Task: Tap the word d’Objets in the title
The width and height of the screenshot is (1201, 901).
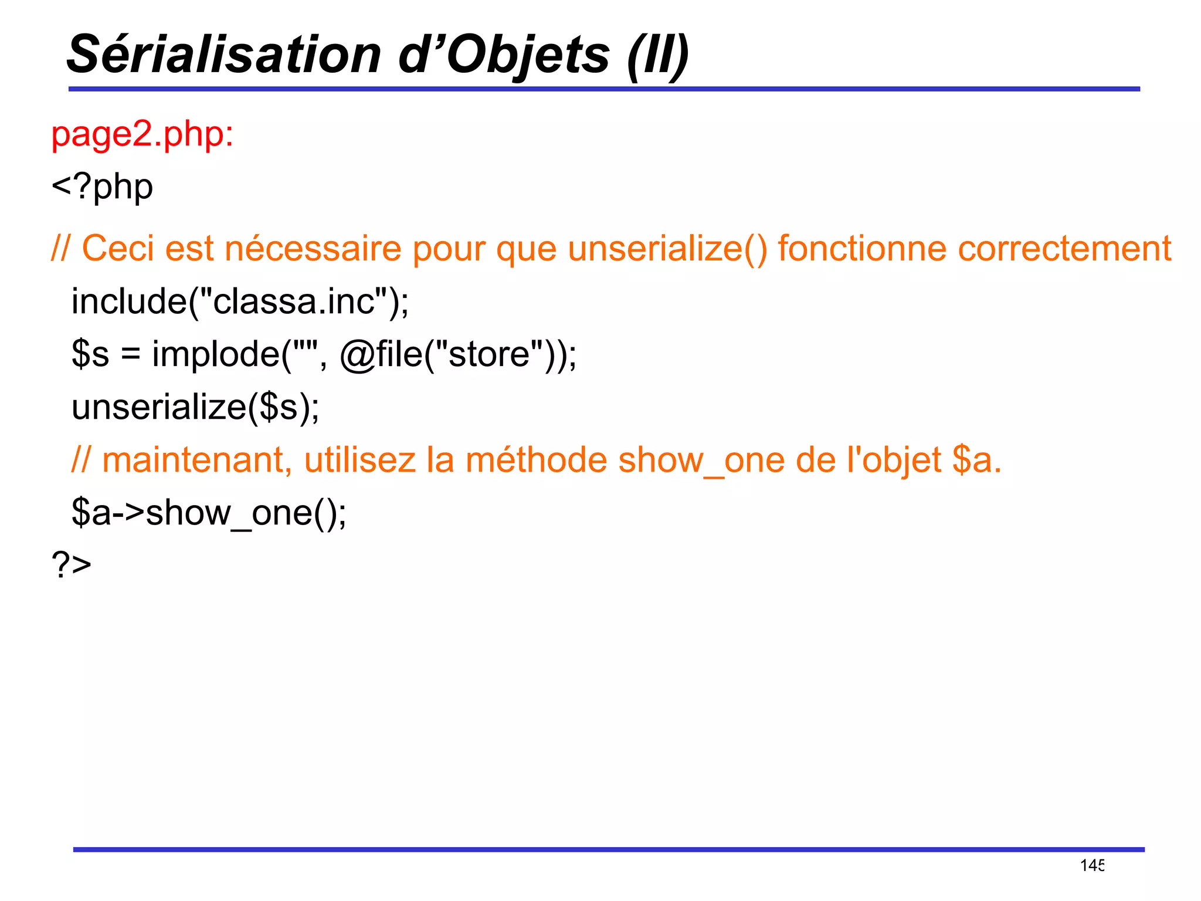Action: click(x=504, y=55)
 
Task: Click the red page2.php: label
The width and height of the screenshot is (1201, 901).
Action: click(x=143, y=134)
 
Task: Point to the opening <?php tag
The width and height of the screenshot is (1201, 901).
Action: click(x=103, y=187)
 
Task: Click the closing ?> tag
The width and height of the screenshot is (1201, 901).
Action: click(x=72, y=564)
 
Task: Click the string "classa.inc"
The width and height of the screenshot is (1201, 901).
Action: click(x=294, y=302)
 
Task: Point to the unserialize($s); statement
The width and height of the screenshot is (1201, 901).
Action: click(x=195, y=407)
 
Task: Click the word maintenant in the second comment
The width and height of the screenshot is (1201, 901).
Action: click(x=197, y=460)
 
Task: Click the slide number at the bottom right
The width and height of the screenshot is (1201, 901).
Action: click(x=1093, y=865)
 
